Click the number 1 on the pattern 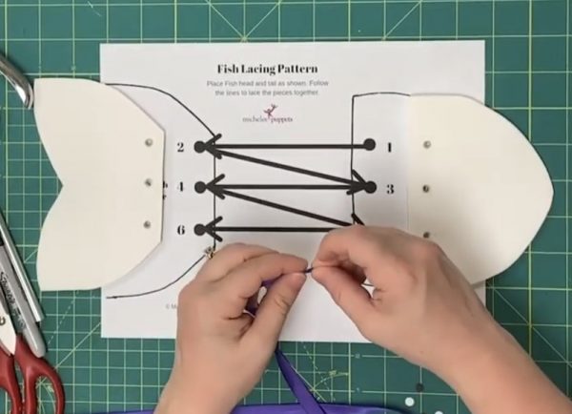389,146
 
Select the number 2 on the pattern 180,147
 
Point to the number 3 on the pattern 389,189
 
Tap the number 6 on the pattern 180,230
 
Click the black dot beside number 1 369,146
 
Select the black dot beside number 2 200,147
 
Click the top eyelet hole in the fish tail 148,142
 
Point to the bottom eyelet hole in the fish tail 148,224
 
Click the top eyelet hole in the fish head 425,144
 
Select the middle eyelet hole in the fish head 425,189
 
